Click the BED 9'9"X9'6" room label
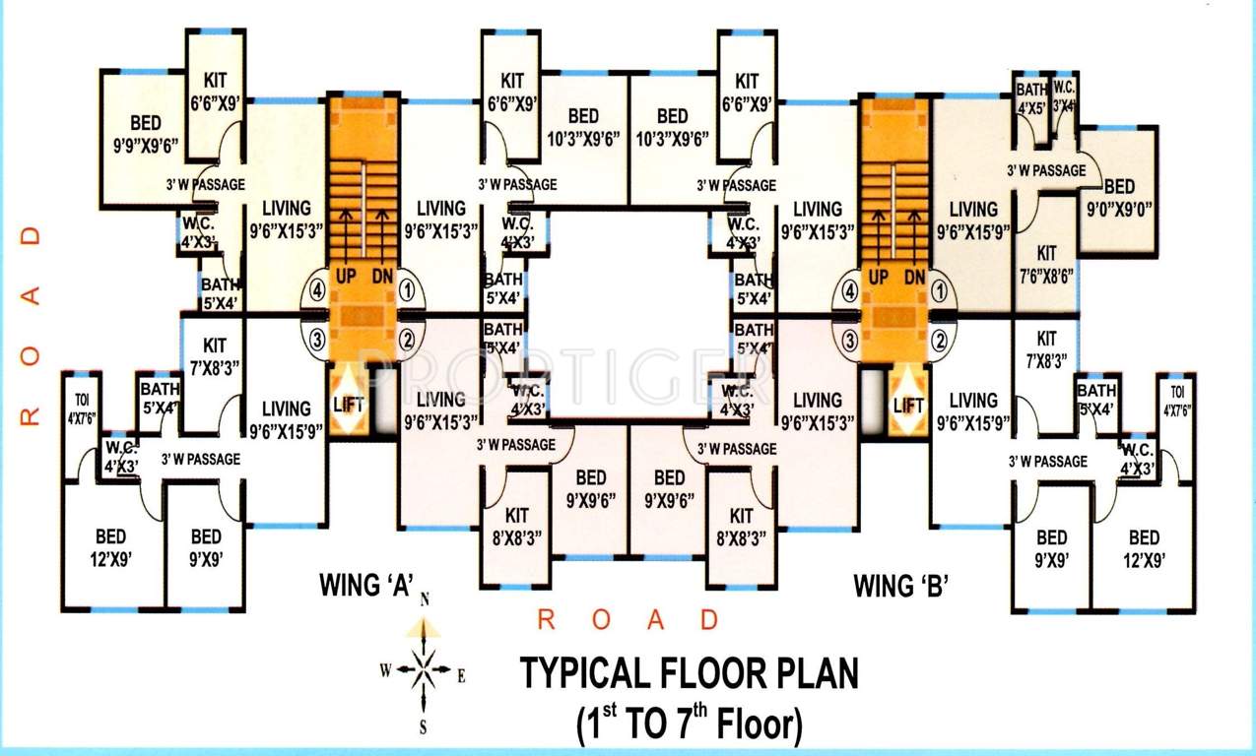pyautogui.click(x=146, y=134)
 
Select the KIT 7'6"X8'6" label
pyautogui.click(x=1046, y=265)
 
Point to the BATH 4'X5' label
pyautogui.click(x=1031, y=100)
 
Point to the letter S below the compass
pyautogui.click(x=424, y=728)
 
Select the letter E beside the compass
pyautogui.click(x=461, y=676)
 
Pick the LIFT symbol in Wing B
pyautogui.click(x=908, y=405)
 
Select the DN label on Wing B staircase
pyautogui.click(x=914, y=278)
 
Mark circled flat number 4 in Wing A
pyautogui.click(x=316, y=290)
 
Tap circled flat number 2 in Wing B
pyautogui.click(x=941, y=342)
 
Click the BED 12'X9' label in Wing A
pyautogui.click(x=110, y=547)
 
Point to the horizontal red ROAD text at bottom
pyautogui.click(x=628, y=620)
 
